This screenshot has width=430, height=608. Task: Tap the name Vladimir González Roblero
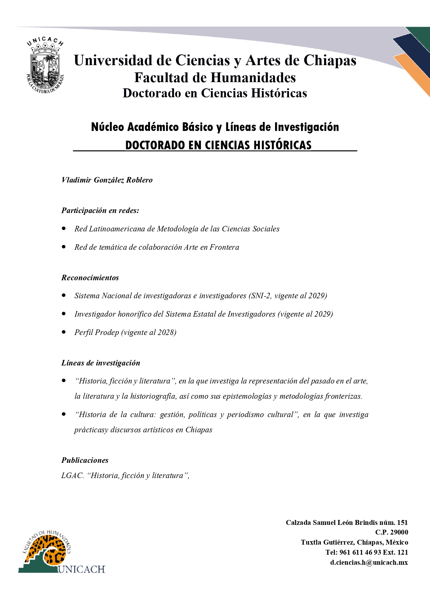point(107,180)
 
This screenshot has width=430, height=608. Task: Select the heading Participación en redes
point(100,210)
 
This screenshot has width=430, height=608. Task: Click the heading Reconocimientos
point(90,277)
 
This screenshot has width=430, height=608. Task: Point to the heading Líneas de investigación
point(101,363)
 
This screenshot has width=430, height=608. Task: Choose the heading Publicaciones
point(85,460)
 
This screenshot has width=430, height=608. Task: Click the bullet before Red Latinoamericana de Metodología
point(64,229)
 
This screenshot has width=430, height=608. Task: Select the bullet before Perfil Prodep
point(64,332)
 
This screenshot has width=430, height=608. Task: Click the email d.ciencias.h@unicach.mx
point(369,562)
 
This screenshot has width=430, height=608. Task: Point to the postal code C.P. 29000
point(392,532)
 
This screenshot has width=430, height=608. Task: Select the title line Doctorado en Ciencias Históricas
point(215,93)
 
